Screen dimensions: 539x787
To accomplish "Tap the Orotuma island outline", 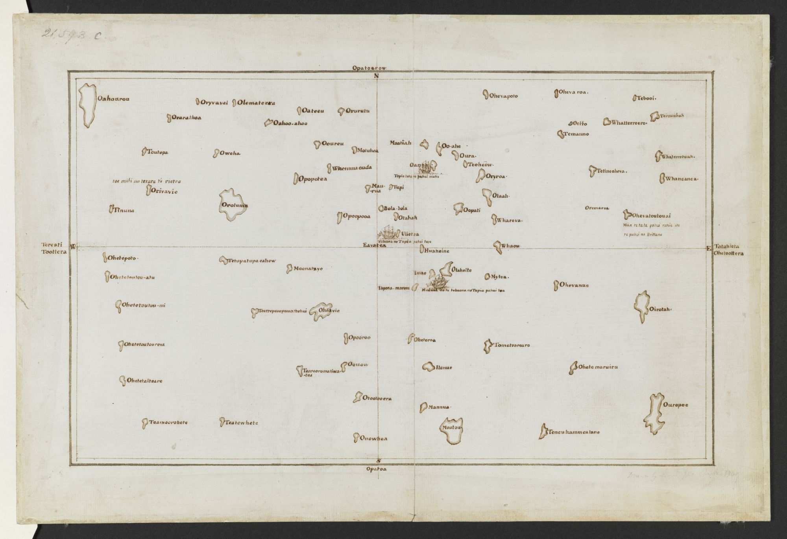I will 232,205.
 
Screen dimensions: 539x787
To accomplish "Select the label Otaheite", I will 462,270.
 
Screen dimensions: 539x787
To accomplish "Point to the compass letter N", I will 376,76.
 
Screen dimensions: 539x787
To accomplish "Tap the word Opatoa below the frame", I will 377,469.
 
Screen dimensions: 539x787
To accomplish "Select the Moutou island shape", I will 451,430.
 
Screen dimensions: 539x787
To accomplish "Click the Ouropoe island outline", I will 655,413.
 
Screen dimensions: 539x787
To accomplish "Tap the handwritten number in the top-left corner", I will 71,35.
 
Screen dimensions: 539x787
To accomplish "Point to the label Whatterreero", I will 629,123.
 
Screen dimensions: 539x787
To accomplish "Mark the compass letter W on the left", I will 73,247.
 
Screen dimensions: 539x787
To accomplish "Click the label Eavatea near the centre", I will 374,246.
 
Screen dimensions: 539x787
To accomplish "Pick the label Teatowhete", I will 242,423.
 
